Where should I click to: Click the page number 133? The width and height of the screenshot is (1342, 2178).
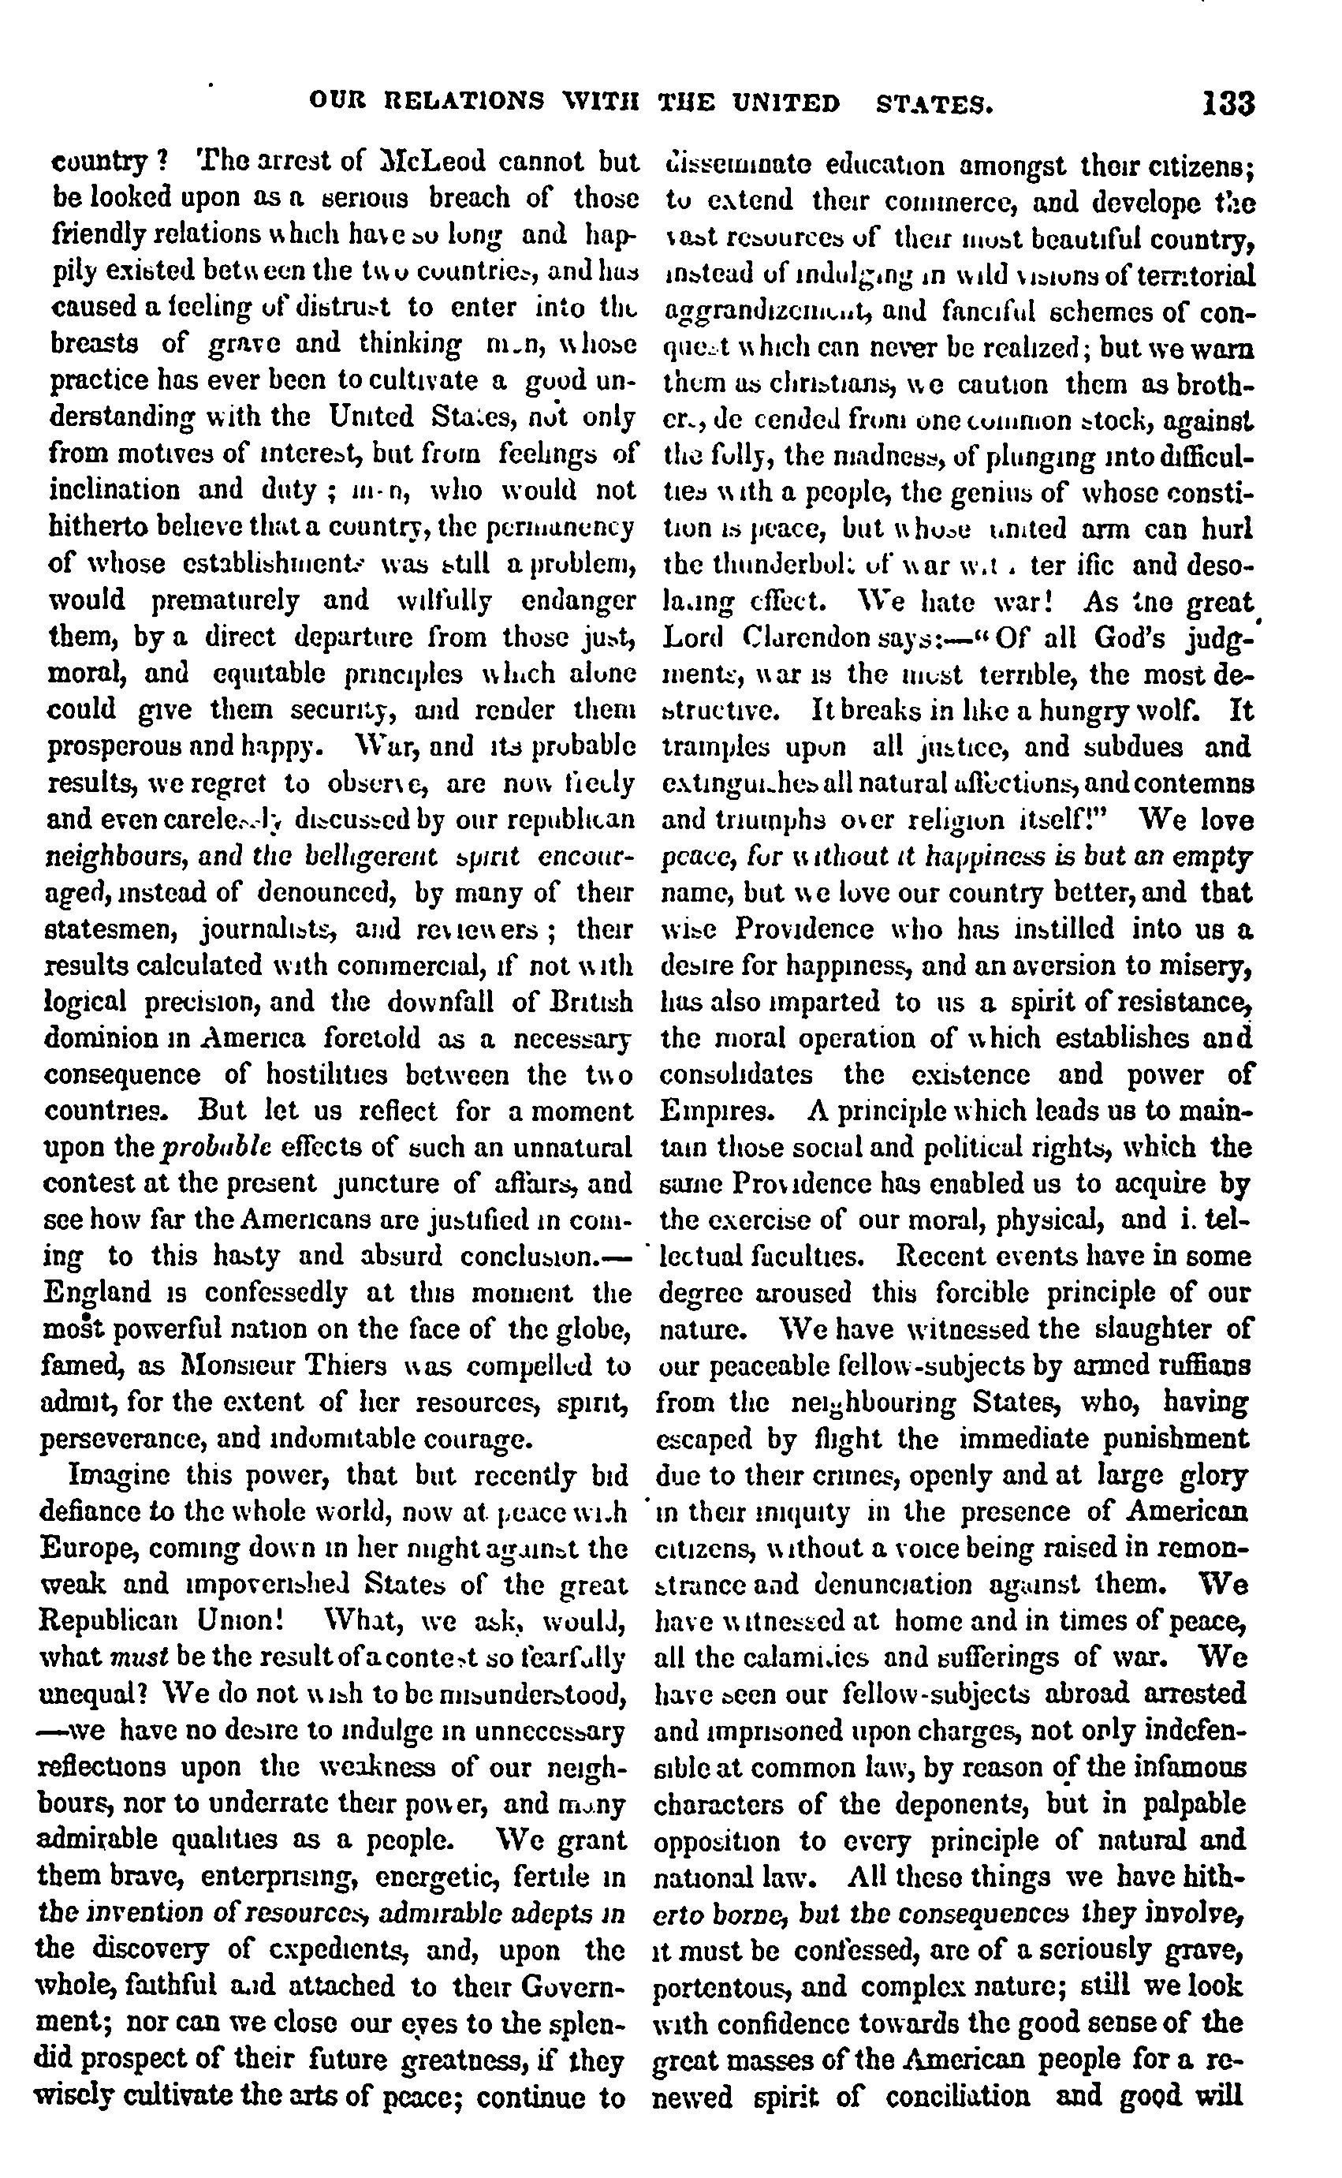1229,104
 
